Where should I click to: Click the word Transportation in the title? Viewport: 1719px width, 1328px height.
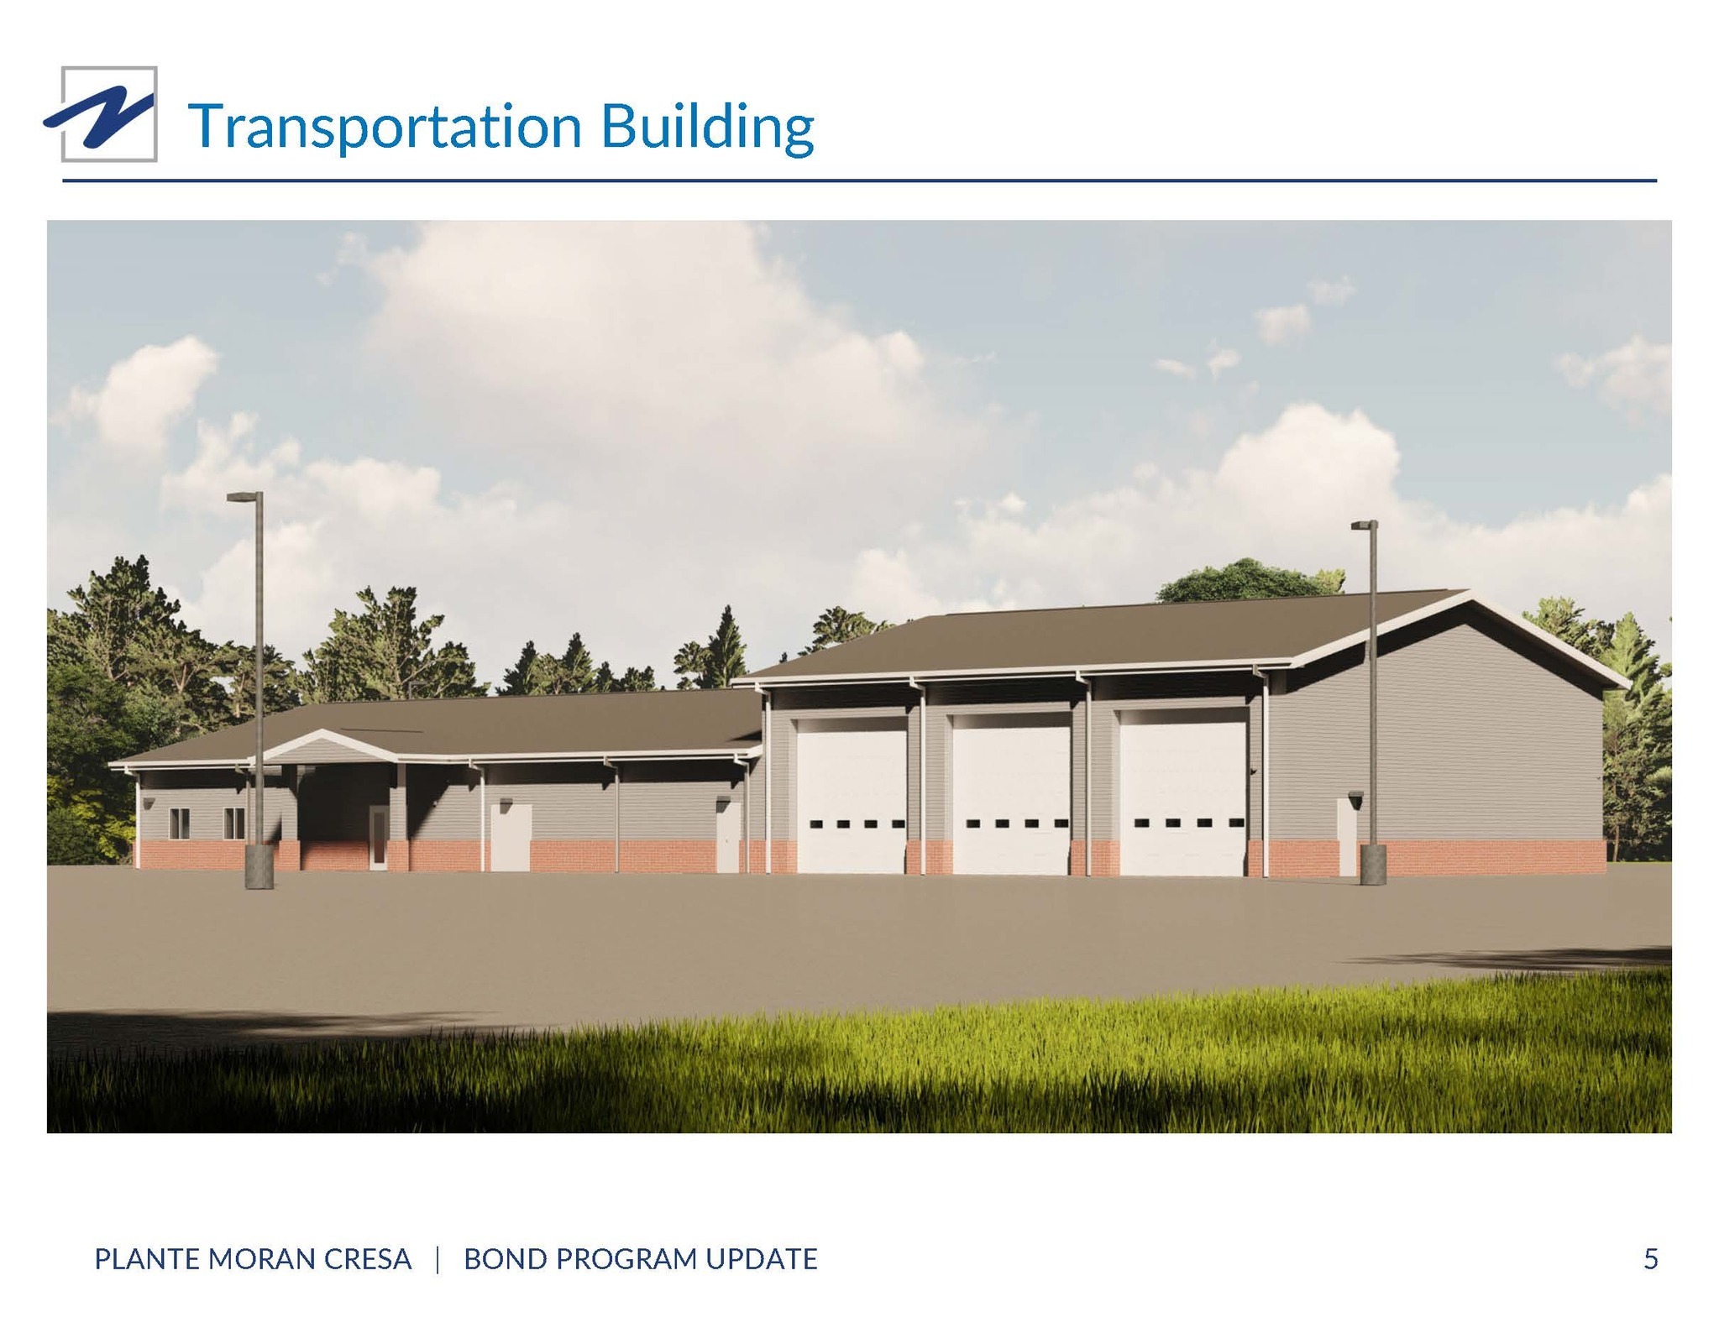pos(385,127)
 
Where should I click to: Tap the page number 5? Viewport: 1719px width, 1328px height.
pos(1650,1259)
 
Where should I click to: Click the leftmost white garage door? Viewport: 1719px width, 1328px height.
pos(852,795)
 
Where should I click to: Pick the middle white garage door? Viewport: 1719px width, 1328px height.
pos(1012,794)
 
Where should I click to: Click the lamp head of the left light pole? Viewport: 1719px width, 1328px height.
pos(244,497)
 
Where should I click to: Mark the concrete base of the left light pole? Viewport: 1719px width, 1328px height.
pos(259,866)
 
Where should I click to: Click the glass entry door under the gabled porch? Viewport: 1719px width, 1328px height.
pos(379,837)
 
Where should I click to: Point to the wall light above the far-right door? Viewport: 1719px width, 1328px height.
pos(1355,796)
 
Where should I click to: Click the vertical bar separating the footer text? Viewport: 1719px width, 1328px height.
pos(438,1260)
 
